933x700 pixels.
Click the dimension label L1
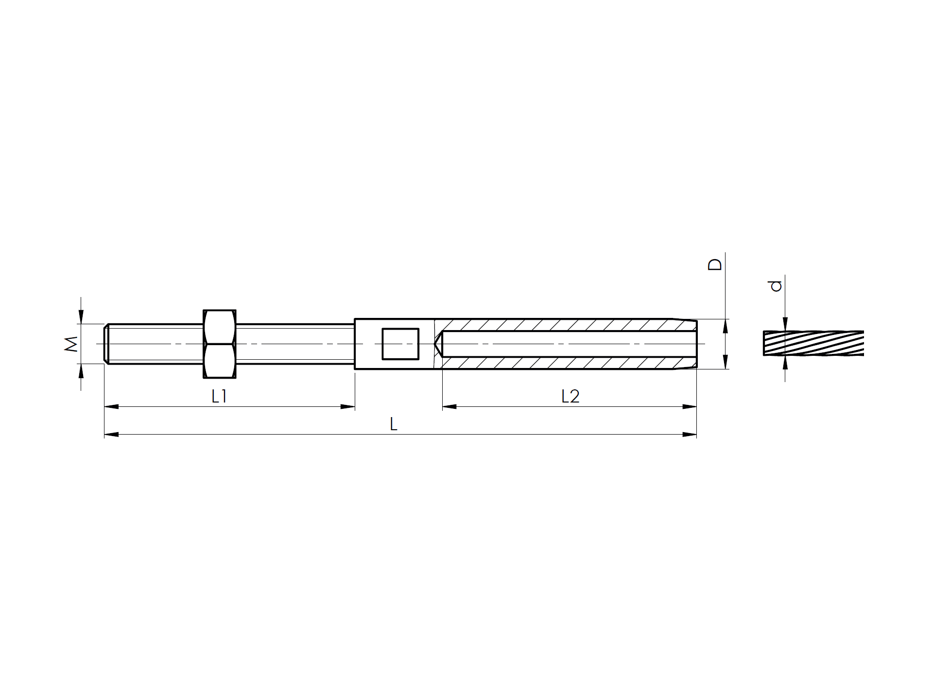(219, 397)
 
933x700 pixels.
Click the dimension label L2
(570, 397)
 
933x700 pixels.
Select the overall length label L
(394, 425)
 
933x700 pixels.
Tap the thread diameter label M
(71, 343)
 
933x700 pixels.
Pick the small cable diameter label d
(777, 285)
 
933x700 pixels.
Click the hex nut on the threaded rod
(219, 344)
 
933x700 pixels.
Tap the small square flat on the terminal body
(400, 344)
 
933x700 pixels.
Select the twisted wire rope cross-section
(813, 344)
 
